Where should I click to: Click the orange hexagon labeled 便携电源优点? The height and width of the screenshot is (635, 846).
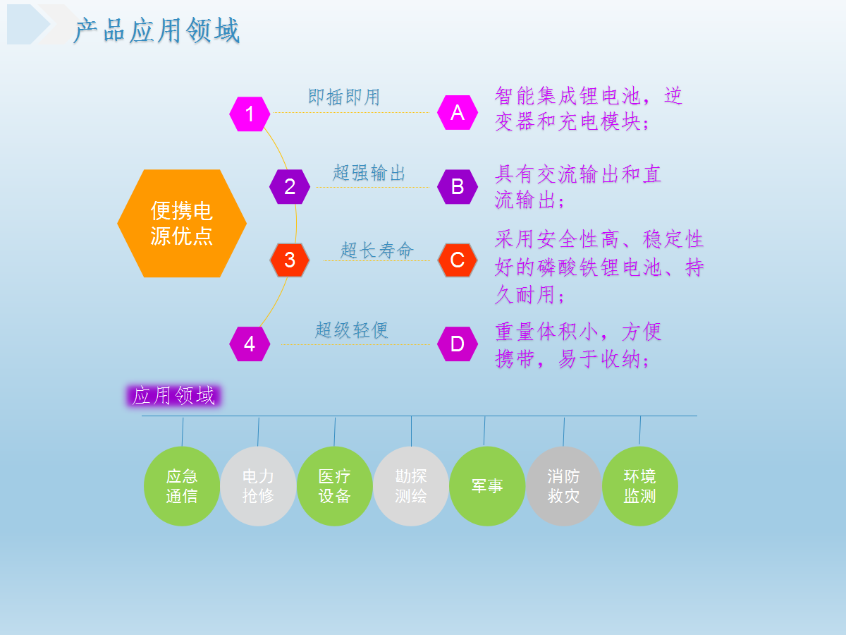click(182, 223)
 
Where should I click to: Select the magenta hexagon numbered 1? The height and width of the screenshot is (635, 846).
click(250, 114)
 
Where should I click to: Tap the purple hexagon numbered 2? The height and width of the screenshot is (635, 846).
click(290, 186)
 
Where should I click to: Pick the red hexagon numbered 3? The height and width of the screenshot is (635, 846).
click(290, 260)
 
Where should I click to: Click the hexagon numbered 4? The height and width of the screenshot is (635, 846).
click(250, 344)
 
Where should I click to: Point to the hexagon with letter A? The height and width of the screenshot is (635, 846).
click(458, 112)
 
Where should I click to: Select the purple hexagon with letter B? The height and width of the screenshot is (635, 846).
click(458, 186)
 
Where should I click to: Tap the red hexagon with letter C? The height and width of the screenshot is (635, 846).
click(458, 260)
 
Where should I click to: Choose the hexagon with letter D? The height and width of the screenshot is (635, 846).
click(458, 344)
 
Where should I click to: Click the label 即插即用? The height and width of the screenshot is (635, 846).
click(344, 97)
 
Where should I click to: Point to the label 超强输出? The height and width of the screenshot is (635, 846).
click(369, 172)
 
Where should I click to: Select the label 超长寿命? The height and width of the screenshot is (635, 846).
click(377, 250)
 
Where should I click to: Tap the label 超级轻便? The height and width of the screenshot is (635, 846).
click(352, 330)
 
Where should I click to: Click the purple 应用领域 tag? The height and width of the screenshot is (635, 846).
click(173, 396)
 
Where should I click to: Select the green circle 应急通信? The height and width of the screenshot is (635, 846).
click(182, 486)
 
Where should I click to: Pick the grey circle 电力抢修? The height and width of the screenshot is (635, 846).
click(258, 486)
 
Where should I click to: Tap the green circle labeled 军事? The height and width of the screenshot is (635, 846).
click(487, 486)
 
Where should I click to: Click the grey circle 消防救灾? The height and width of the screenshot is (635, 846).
click(563, 486)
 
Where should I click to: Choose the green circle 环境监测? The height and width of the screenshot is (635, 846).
click(640, 486)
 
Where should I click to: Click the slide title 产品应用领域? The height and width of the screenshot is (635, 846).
click(157, 30)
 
